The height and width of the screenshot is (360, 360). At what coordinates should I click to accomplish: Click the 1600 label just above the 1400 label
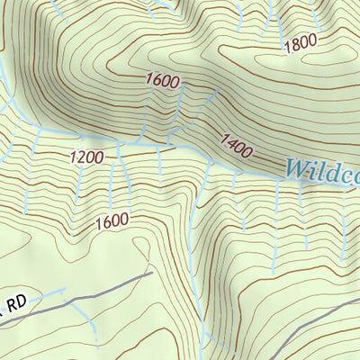[x=163, y=81]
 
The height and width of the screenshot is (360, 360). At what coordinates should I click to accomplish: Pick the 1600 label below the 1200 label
[x=110, y=218]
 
